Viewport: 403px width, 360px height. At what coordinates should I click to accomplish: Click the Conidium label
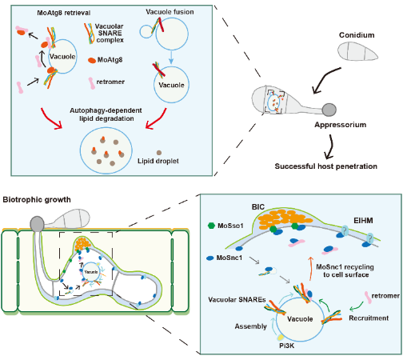click(x=357, y=35)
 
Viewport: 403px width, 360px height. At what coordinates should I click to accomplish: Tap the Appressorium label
click(x=341, y=125)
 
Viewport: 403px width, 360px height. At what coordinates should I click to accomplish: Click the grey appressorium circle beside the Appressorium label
click(x=329, y=110)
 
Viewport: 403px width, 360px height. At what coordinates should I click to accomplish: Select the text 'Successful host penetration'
click(x=325, y=166)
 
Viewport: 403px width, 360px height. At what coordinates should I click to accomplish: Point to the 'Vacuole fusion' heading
click(x=170, y=12)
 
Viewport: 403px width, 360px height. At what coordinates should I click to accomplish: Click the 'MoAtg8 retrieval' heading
click(x=64, y=13)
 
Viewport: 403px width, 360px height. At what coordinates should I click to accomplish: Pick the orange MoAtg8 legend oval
click(x=92, y=60)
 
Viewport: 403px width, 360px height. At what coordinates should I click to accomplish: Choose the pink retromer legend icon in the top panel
click(x=92, y=83)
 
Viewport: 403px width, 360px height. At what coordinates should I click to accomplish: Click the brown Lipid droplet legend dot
click(x=159, y=153)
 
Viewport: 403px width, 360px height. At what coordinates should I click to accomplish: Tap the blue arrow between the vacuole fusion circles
click(x=171, y=58)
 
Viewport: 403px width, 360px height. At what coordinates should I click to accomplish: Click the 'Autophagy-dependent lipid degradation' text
click(x=106, y=114)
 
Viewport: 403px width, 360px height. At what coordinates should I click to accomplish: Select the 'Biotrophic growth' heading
click(x=37, y=200)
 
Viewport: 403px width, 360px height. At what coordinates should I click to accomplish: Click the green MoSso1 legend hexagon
click(x=211, y=226)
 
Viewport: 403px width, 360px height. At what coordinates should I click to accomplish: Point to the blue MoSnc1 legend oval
click(x=210, y=258)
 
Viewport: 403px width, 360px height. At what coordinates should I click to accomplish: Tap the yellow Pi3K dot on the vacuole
click(x=281, y=338)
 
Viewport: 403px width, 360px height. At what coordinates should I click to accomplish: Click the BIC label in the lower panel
click(x=258, y=207)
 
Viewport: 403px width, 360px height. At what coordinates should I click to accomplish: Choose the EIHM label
click(x=363, y=221)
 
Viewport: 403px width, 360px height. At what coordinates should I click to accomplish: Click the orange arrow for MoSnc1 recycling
click(x=310, y=269)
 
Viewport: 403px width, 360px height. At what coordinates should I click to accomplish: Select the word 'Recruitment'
click(x=369, y=318)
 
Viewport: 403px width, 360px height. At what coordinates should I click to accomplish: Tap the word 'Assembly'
click(x=250, y=326)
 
